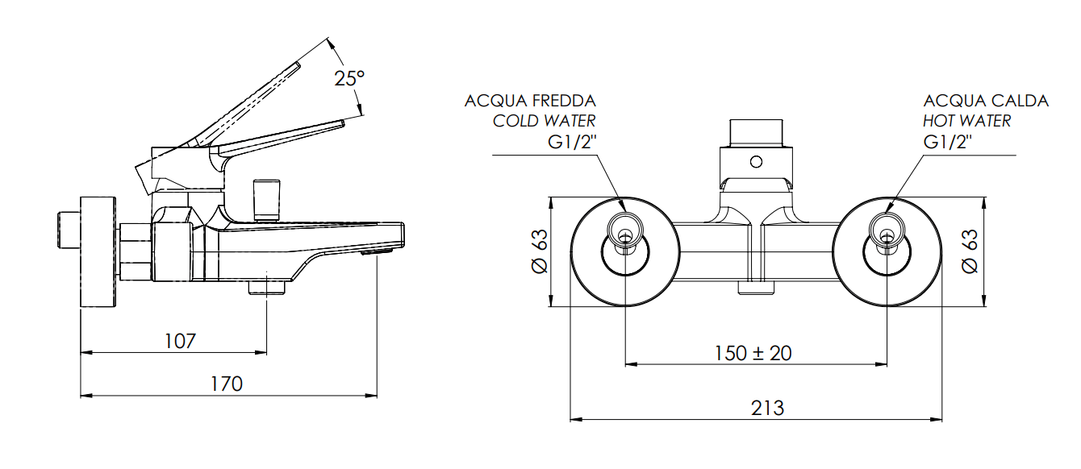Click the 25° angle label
point(349,78)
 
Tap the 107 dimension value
point(180,341)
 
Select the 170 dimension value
point(227,384)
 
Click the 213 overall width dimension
point(767,409)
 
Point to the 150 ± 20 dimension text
point(753,353)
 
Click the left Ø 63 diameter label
point(540,251)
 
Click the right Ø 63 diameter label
point(970,251)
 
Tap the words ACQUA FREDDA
point(530,102)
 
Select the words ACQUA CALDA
point(986,102)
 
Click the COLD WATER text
point(544,121)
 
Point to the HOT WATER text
point(966,121)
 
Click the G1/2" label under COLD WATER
point(572,142)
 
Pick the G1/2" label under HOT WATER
point(947,142)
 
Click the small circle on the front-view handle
point(756,162)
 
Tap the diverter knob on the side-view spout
point(266,201)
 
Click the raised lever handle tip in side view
point(297,65)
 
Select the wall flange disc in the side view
point(98,251)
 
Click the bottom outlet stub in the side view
point(267,288)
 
